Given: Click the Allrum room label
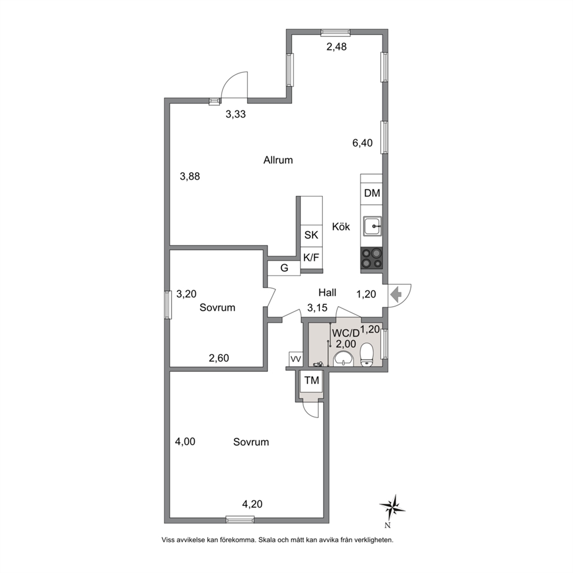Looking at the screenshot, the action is [x=278, y=160].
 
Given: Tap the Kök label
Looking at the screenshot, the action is [x=341, y=226].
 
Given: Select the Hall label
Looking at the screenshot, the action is [x=327, y=292].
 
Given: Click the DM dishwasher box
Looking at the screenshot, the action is [x=372, y=193].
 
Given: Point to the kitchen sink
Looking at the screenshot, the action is [x=373, y=226].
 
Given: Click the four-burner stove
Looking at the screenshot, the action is [x=371, y=258].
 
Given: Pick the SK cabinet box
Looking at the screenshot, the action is [x=311, y=235].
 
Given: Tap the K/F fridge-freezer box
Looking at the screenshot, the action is [x=311, y=258].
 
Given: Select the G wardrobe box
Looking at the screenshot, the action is [x=284, y=268].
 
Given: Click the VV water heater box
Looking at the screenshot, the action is [x=295, y=359].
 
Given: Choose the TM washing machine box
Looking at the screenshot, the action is [x=312, y=381].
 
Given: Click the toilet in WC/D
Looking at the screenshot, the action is [x=367, y=355].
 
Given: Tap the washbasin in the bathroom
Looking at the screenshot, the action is [x=344, y=358].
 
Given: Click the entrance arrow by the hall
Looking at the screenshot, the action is [x=396, y=294].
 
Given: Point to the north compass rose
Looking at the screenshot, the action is [x=392, y=508].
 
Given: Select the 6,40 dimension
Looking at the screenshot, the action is [x=363, y=143].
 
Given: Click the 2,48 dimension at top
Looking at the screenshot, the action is [x=336, y=47].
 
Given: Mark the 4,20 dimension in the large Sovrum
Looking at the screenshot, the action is [x=252, y=504].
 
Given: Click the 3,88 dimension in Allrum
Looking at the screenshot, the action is [x=190, y=177].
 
